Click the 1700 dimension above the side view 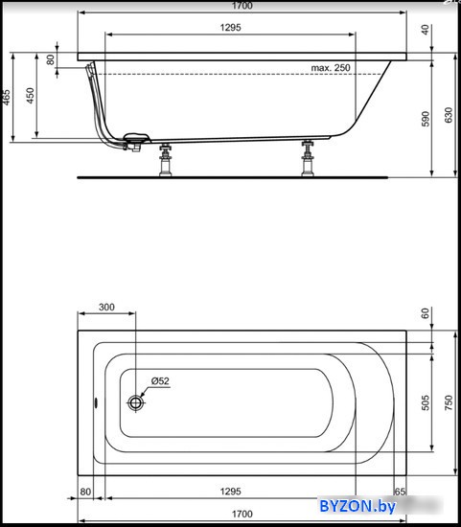tap(242, 6)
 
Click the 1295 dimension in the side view tap(231, 28)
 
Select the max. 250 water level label tap(331, 68)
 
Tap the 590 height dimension tap(426, 119)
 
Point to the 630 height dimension tap(449, 115)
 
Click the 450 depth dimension tap(31, 96)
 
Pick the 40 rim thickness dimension tap(426, 30)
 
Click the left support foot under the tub tap(165, 160)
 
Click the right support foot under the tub tap(308, 158)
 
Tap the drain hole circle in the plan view tap(135, 402)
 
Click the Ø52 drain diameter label tap(160, 381)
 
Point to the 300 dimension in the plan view tap(106, 308)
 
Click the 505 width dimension tap(426, 402)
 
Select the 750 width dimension tap(449, 402)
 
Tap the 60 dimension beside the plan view tap(426, 313)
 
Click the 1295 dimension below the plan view tap(231, 492)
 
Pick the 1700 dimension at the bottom tap(242, 514)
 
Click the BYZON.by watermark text tap(357, 506)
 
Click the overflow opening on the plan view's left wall tap(96, 402)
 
